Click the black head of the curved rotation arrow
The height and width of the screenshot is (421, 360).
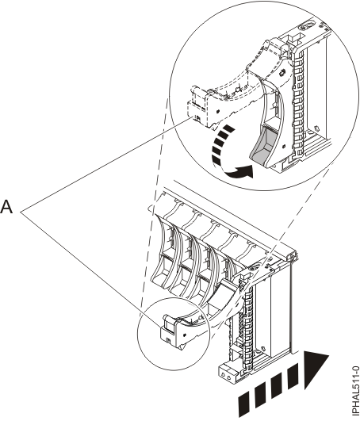pyautogui.click(x=243, y=171)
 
